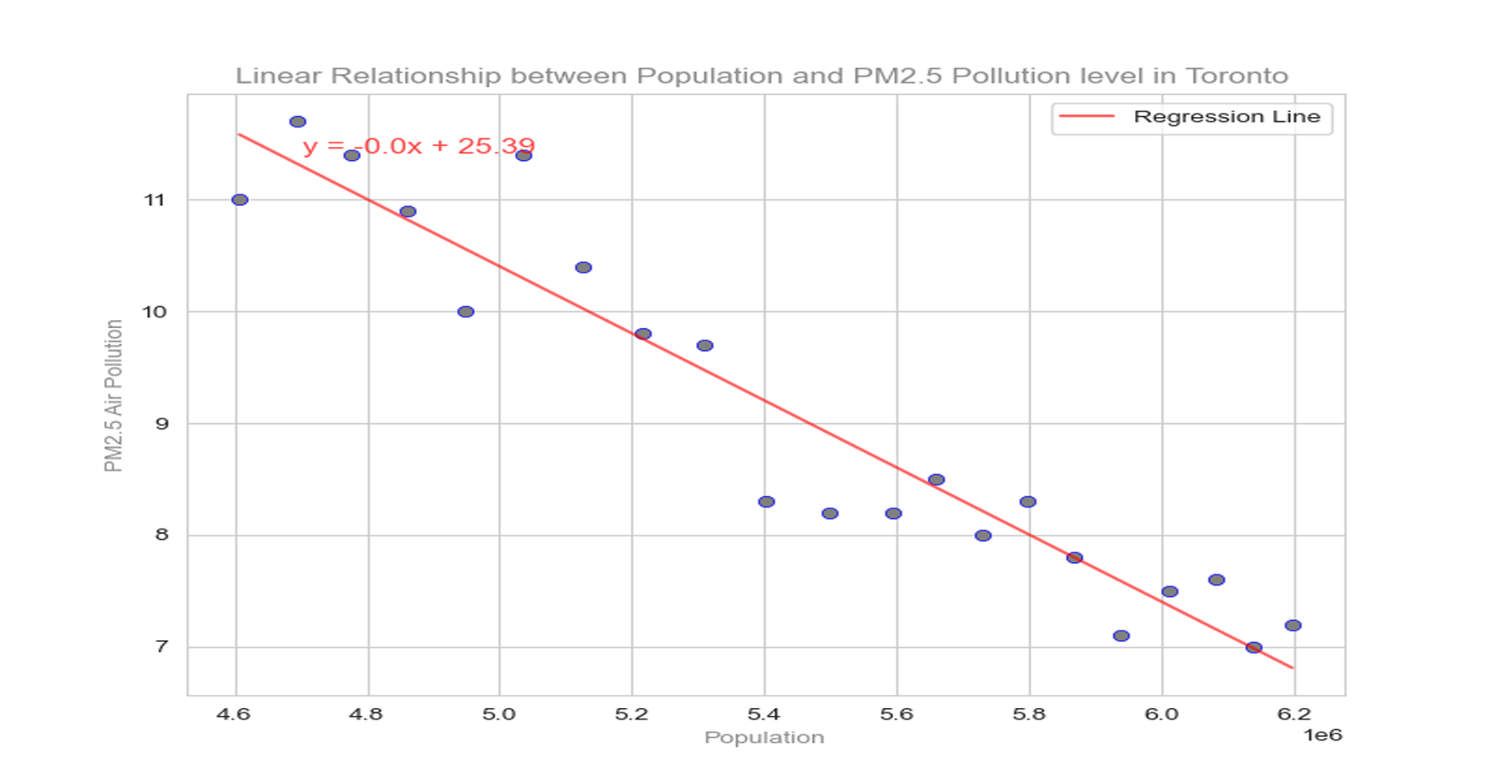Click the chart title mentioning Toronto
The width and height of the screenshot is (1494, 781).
pos(761,76)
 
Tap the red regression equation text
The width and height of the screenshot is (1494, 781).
pos(419,146)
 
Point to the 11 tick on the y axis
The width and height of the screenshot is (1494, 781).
pos(155,201)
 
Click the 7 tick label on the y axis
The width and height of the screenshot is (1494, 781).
pos(161,647)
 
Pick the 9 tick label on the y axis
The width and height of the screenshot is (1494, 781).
pos(161,424)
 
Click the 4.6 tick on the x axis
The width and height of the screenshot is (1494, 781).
pos(233,714)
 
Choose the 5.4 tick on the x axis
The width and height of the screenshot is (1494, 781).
pos(764,714)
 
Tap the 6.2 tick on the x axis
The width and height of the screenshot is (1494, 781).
pos(1293,714)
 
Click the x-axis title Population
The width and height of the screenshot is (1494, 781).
pos(764,738)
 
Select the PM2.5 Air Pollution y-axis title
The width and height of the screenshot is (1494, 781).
pos(114,396)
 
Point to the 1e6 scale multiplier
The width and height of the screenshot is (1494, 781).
pos(1322,735)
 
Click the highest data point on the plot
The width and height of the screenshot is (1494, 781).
pos(297,122)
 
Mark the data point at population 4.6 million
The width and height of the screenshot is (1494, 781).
pos(239,201)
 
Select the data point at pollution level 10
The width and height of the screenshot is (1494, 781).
pos(465,312)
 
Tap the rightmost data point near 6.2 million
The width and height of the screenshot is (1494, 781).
pos(1293,626)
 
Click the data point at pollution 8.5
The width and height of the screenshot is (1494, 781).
pos(936,480)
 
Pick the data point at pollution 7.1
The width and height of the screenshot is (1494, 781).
pos(1121,636)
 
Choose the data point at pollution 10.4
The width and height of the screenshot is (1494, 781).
pos(583,267)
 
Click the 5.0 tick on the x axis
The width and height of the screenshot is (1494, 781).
pos(498,714)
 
